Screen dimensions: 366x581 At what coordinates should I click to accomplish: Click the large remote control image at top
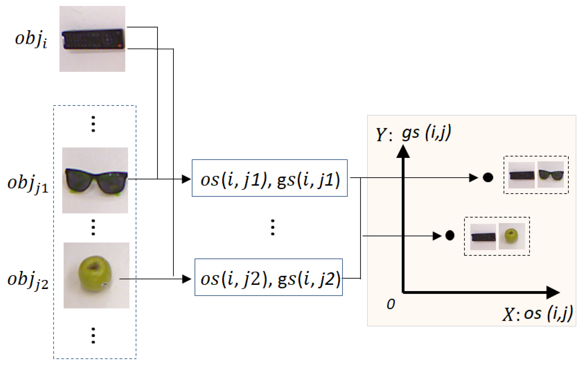point(92,39)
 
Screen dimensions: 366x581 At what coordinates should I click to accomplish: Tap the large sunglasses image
point(95,180)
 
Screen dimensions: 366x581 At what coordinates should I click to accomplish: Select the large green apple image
point(96,275)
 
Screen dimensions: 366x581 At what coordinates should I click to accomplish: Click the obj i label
point(31,39)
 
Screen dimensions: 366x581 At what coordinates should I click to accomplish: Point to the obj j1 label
point(28,184)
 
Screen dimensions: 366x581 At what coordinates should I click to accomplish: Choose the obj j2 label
point(28,280)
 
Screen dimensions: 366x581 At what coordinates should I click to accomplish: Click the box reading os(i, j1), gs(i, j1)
point(269,178)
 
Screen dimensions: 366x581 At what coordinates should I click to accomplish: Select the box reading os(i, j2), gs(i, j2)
point(268,277)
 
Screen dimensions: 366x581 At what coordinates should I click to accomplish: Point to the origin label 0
point(391,304)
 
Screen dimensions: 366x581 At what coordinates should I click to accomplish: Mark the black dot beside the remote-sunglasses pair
point(488,177)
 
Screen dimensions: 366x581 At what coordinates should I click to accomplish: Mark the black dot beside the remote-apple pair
point(450,235)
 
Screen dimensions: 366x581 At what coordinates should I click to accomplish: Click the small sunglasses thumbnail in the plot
point(551,175)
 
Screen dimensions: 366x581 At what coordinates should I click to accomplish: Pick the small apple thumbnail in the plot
point(511,236)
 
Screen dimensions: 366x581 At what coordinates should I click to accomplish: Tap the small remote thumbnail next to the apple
point(483,237)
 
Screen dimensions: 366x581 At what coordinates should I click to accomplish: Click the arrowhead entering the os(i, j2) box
point(187,279)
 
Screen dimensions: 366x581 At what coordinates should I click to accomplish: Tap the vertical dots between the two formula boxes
point(273,227)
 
